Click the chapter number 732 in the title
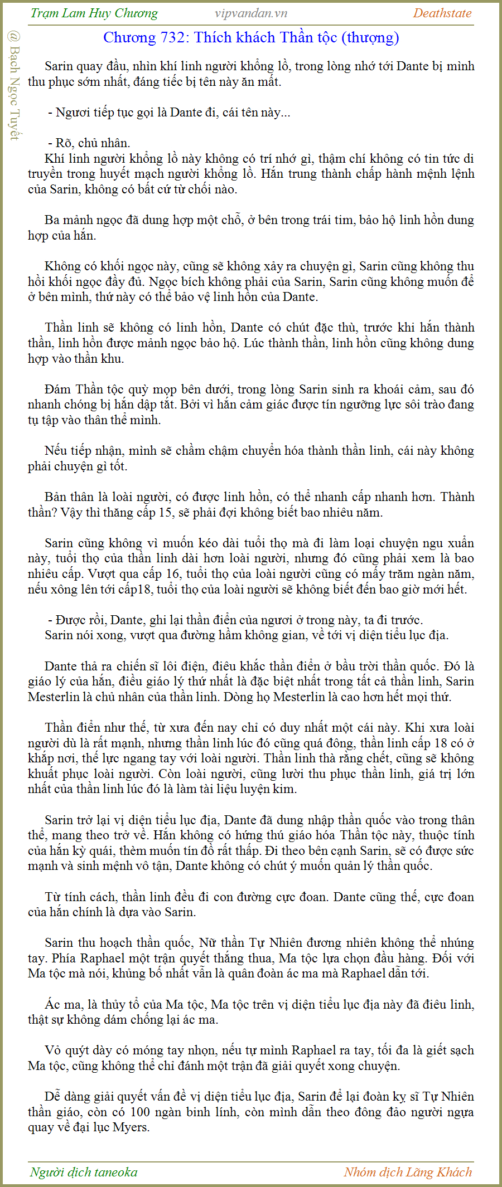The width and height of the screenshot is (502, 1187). click(x=175, y=38)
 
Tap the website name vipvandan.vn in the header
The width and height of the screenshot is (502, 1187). click(x=251, y=13)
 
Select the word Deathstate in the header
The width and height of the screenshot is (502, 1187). click(x=442, y=13)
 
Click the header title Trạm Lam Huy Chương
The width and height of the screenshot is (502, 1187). click(x=94, y=13)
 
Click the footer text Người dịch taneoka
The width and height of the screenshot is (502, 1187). click(x=84, y=1172)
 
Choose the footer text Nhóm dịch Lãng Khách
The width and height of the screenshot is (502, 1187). click(x=408, y=1172)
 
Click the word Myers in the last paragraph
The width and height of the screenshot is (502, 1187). click(x=131, y=1127)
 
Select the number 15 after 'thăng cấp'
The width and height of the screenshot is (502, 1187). click(x=166, y=512)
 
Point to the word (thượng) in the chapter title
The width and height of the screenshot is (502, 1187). click(x=372, y=38)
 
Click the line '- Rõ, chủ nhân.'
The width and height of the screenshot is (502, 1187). click(x=89, y=143)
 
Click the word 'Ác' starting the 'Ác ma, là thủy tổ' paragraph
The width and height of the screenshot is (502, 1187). click(x=52, y=1004)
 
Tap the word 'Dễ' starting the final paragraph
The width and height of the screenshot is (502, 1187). click(x=52, y=1096)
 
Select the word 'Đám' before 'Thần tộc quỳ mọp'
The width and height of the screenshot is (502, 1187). click(x=57, y=389)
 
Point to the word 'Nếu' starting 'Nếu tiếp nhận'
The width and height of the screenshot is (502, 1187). click(x=55, y=450)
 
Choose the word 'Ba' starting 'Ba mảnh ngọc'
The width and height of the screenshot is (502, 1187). click(x=52, y=220)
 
